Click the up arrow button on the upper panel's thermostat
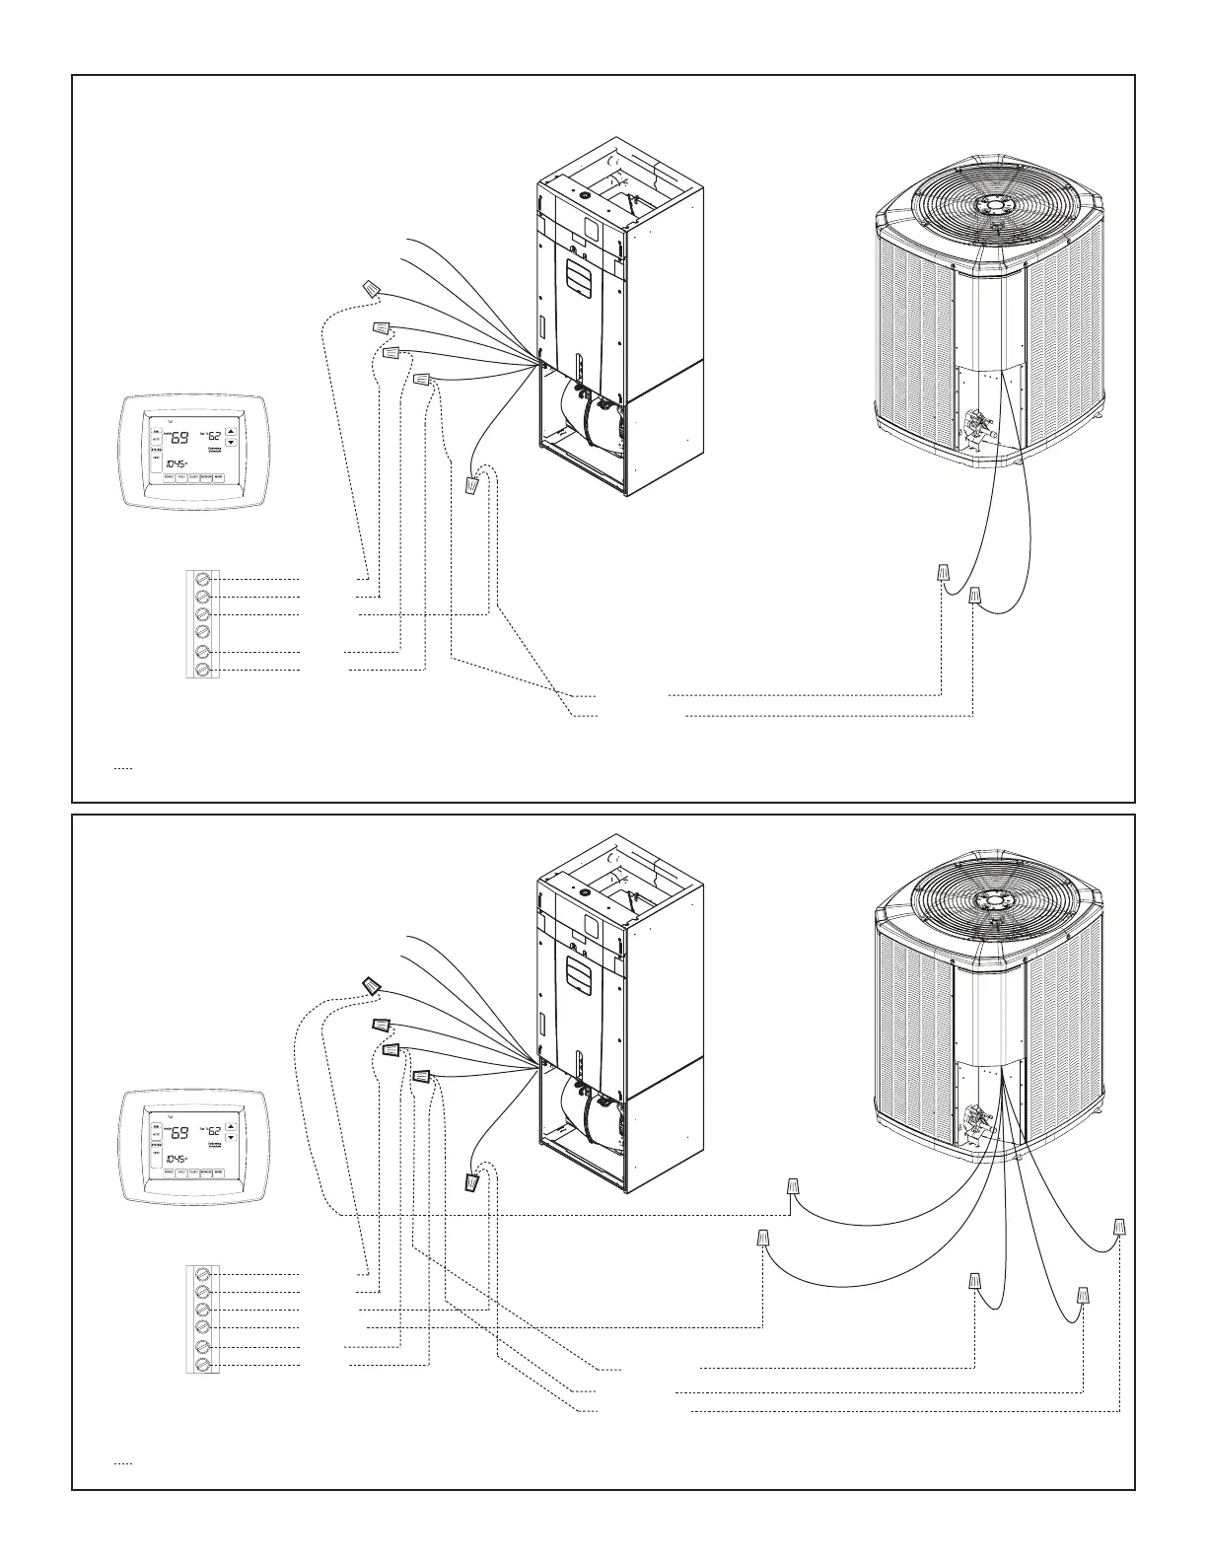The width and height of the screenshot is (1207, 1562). tap(232, 431)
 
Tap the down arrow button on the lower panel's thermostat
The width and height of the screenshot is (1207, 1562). tap(232, 1137)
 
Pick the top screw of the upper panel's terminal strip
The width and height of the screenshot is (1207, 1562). tap(203, 577)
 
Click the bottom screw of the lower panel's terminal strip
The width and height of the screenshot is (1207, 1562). tap(203, 1365)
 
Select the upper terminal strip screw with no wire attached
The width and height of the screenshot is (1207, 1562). tap(203, 632)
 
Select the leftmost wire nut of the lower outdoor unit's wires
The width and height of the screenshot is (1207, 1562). tap(763, 1237)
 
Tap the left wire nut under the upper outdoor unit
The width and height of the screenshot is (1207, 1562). tap(943, 572)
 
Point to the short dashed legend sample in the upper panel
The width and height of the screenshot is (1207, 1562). tap(122, 766)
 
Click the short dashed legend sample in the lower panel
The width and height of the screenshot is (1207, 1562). tap(122, 1462)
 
